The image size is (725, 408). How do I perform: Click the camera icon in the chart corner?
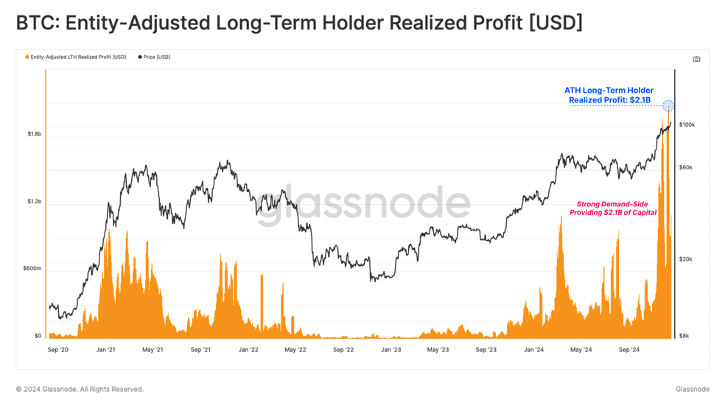pos(696,59)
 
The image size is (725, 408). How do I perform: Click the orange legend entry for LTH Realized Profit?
pos(76,57)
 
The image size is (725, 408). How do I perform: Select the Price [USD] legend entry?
pos(154,57)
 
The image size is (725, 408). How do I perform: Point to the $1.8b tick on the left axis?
pos(34,134)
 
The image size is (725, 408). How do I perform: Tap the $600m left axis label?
pos(32,269)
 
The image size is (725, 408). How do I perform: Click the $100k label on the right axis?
pos(687,124)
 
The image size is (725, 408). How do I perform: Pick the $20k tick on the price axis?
pos(686,259)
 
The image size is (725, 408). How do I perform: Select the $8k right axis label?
pos(684,336)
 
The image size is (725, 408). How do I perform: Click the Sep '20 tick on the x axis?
pos(57,350)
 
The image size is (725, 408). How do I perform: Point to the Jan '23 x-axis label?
pos(391,350)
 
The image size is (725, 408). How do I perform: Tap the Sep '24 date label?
pos(628,350)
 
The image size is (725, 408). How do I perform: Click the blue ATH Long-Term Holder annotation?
pos(609,95)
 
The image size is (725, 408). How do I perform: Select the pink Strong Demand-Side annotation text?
pos(613,208)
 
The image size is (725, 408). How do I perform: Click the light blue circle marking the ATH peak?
pos(668,106)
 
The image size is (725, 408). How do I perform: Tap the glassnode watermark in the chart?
pos(363,203)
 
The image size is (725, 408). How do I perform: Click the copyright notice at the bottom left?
pos(80,389)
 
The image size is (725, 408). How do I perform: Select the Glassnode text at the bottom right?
pos(692,389)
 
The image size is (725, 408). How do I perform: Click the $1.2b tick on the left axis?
pos(34,202)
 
